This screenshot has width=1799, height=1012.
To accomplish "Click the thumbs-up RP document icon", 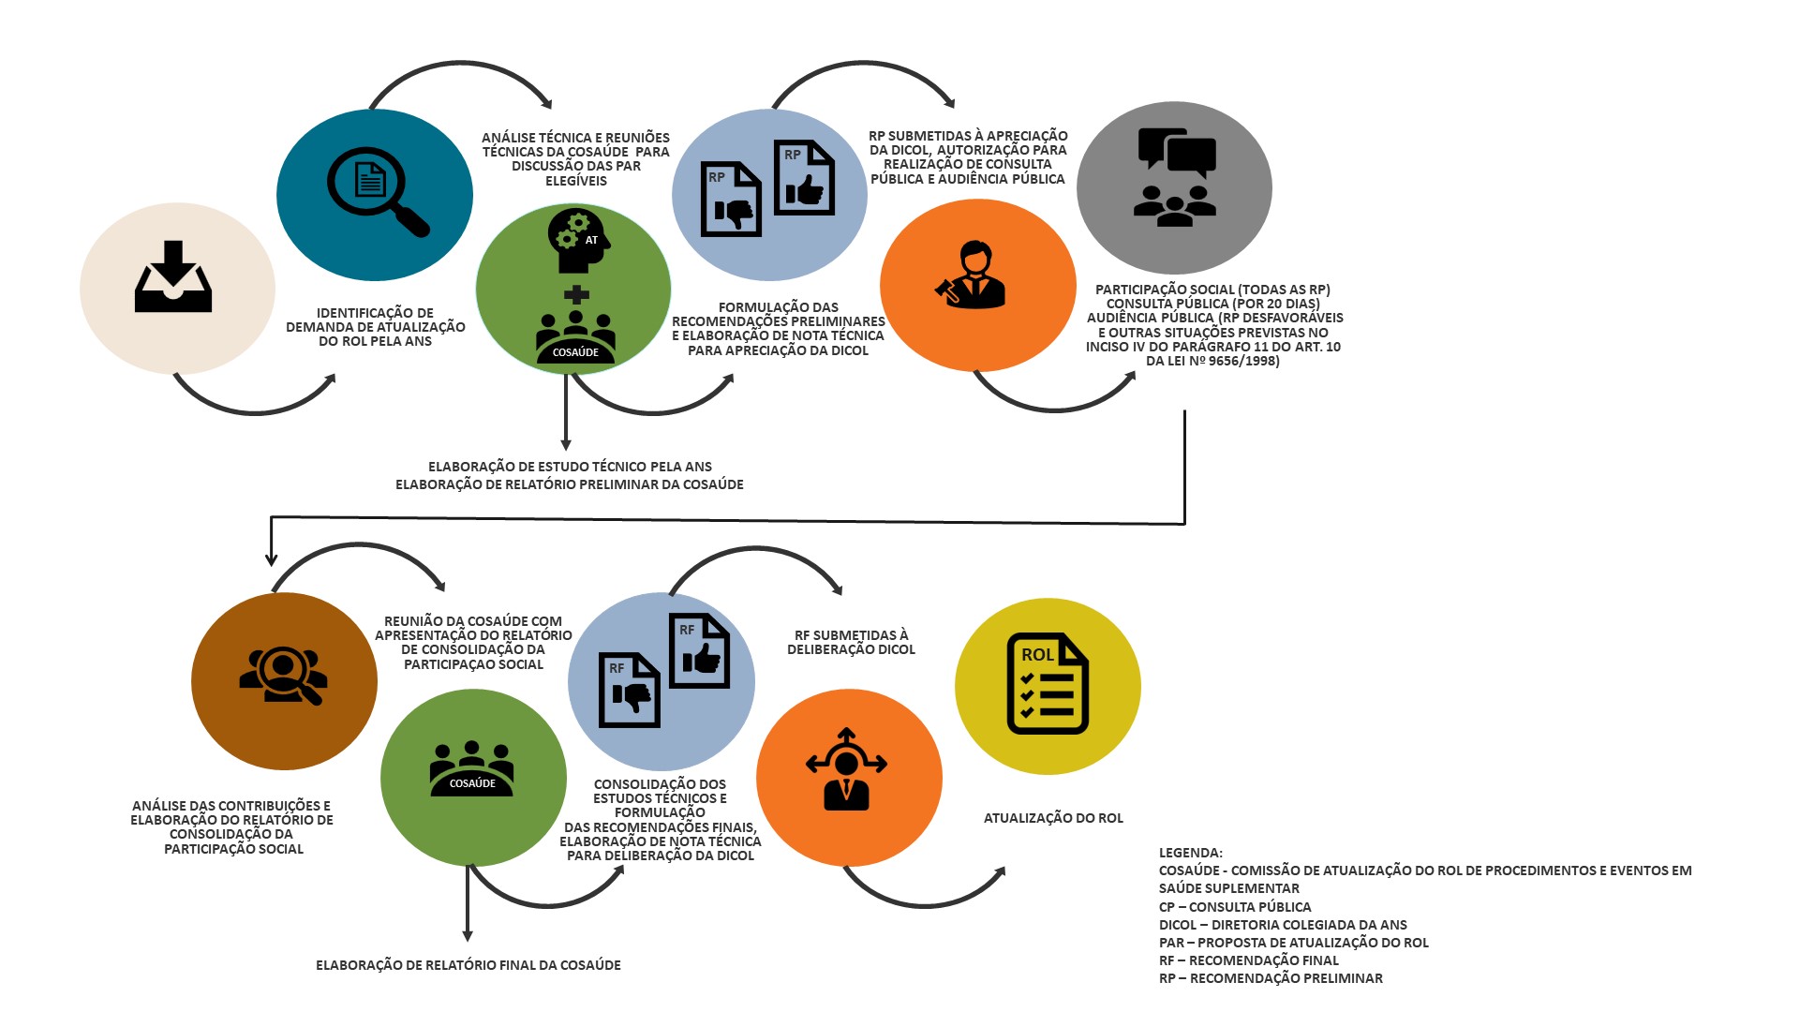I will tap(803, 177).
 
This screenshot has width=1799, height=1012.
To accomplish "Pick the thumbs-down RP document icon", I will tap(731, 199).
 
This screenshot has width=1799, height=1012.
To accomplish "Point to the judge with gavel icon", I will tap(973, 275).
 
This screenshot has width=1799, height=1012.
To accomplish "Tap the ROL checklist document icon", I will tap(1047, 683).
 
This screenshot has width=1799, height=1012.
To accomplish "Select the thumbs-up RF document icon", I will tap(698, 650).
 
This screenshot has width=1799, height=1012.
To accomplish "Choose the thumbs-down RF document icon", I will tap(629, 690).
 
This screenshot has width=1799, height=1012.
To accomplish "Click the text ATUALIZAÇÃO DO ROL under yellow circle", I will tap(1053, 818).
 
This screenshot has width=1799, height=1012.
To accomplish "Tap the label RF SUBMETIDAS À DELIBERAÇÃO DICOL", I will tap(850, 642).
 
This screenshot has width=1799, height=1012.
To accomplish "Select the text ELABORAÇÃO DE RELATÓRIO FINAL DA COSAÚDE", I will tap(468, 965).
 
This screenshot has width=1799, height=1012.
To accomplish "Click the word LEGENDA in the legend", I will tap(1190, 853).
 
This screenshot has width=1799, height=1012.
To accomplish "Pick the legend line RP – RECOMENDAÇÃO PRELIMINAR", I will tap(1270, 978).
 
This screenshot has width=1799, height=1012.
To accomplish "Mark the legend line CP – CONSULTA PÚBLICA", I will tap(1234, 907).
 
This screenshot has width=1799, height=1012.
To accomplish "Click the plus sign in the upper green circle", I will tap(576, 295).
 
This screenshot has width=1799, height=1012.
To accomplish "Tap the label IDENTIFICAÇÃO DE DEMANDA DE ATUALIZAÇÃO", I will tap(375, 320).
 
